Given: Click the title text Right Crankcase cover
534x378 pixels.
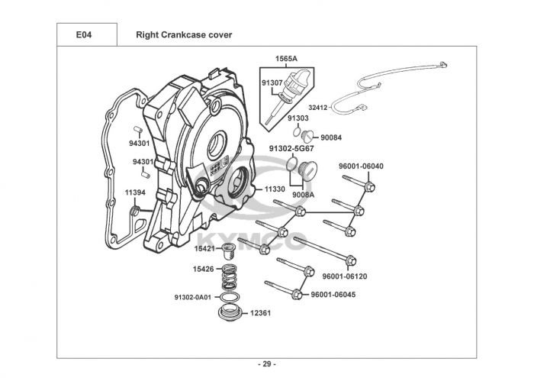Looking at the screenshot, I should (x=184, y=35).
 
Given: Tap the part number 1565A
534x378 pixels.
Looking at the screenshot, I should (x=286, y=59).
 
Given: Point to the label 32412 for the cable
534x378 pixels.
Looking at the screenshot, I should (x=319, y=108).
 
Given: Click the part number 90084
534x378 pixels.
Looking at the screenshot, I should (x=333, y=137).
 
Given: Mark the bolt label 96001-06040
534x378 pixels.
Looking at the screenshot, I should (x=361, y=166).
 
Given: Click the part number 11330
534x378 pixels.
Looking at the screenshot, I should (x=275, y=188).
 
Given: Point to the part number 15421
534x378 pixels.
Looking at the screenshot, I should (x=204, y=249).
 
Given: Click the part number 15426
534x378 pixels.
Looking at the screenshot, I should (x=204, y=269).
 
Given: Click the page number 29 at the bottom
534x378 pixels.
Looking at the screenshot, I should (x=266, y=363).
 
